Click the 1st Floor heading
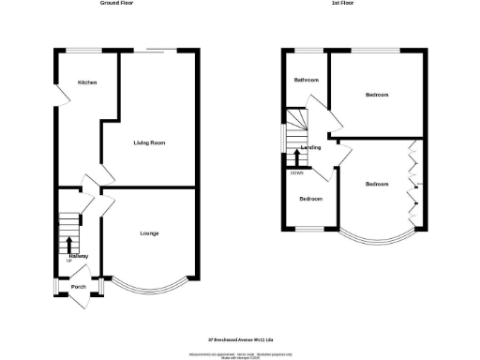[x=342, y=4]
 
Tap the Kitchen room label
[x=87, y=82]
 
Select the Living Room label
[x=149, y=142]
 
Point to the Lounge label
[x=148, y=233]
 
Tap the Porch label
[x=80, y=287]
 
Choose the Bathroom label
[x=307, y=80]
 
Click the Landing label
[x=310, y=148]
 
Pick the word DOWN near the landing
[x=296, y=172]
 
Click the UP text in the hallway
[x=68, y=262]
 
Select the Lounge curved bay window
[x=149, y=286]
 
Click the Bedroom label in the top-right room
[x=378, y=95]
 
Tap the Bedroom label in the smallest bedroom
[x=310, y=199]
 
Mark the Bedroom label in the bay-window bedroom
[x=378, y=184]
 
